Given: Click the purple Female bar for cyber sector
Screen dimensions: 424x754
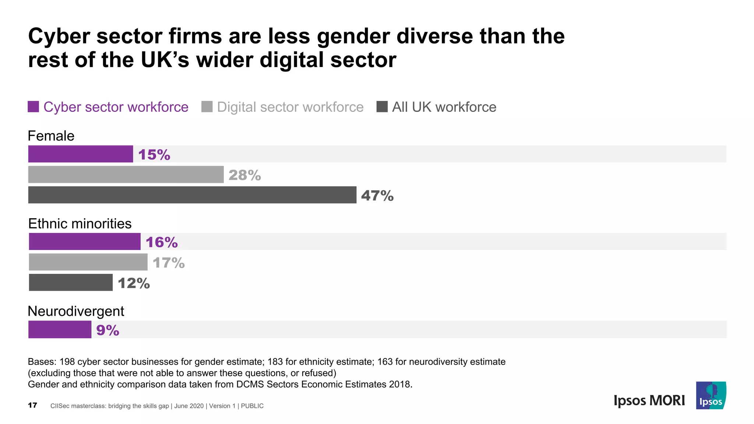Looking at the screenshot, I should [x=80, y=154].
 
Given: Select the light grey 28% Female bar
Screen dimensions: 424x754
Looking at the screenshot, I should [x=126, y=174].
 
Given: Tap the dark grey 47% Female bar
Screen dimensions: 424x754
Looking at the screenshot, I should [x=192, y=195].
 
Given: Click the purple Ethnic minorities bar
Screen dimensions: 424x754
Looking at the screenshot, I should [x=85, y=241].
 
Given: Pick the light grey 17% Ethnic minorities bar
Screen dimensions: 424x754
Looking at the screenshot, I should [x=88, y=262].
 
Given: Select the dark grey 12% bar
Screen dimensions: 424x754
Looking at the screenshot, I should [x=71, y=282].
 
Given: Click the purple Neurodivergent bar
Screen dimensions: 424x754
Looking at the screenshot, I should [x=60, y=329].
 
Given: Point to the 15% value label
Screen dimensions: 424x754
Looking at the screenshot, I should [x=154, y=155].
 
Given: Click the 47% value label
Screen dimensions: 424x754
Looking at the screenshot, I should [x=377, y=195].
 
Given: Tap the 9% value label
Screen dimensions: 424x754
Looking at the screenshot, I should [x=108, y=330].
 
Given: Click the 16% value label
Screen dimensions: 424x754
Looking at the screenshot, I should [x=161, y=242].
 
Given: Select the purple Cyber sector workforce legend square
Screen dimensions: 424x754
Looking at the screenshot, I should [x=34, y=107].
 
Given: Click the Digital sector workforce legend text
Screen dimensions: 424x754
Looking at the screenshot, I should [x=290, y=107].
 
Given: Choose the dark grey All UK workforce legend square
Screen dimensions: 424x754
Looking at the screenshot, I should [x=382, y=107].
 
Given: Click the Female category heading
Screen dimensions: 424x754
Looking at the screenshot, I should [x=51, y=136].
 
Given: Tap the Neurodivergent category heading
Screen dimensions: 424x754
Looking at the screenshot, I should [x=76, y=311].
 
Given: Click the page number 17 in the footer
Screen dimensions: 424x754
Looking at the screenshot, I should [x=32, y=405].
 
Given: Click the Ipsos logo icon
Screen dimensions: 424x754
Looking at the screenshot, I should [x=711, y=395].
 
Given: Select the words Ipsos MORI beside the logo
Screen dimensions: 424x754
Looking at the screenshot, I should [x=649, y=400].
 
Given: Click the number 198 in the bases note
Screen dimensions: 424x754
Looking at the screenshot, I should [x=67, y=362].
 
